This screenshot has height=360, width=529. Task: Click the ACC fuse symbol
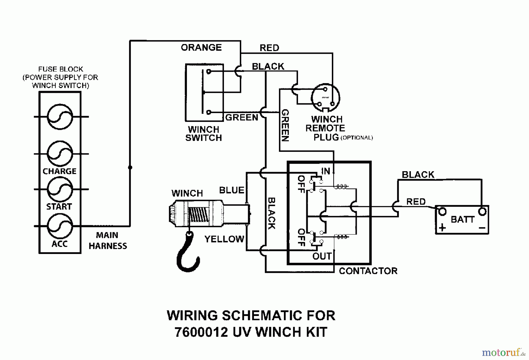pyautogui.click(x=60, y=226)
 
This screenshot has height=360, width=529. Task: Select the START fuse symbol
pyautogui.click(x=60, y=189)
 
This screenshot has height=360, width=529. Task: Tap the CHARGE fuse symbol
pyautogui.click(x=60, y=154)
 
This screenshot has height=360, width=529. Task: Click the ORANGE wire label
pyautogui.click(x=201, y=48)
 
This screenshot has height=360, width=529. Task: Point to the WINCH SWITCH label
pyautogui.click(x=203, y=134)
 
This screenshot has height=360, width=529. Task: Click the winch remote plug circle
pyautogui.click(x=325, y=98)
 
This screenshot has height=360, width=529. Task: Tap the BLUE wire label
pyautogui.click(x=232, y=190)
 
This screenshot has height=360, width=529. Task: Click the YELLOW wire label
pyautogui.click(x=224, y=239)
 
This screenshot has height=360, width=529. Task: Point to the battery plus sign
pyautogui.click(x=442, y=228)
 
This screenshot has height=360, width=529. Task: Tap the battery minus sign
pyautogui.click(x=482, y=228)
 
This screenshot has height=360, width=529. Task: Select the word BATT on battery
pyautogui.click(x=462, y=219)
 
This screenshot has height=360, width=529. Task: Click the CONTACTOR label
pyautogui.click(x=368, y=271)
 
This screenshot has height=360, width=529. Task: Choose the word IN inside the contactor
pyautogui.click(x=325, y=171)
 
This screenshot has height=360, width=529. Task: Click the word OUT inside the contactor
pyautogui.click(x=322, y=256)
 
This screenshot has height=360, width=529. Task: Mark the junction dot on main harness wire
pyautogui.click(x=130, y=167)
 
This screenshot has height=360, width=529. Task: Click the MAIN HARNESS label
pyautogui.click(x=108, y=240)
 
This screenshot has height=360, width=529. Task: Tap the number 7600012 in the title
pyautogui.click(x=201, y=332)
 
